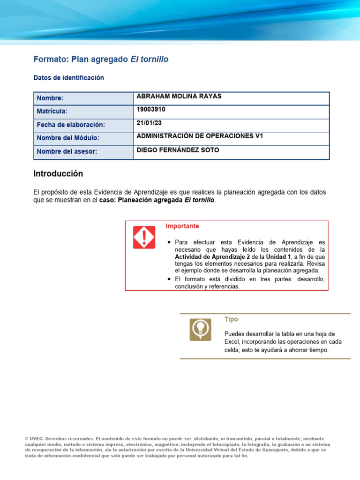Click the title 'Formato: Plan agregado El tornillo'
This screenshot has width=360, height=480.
click(x=101, y=60)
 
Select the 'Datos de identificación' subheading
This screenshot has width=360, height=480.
click(x=68, y=78)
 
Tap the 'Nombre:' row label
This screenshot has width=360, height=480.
click(x=50, y=98)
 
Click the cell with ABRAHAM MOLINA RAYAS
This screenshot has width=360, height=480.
click(x=179, y=97)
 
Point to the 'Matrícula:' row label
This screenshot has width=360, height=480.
click(x=52, y=112)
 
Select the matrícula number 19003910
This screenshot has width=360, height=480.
click(x=150, y=110)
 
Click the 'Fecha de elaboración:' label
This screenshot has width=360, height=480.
click(x=71, y=125)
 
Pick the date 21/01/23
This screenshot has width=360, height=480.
click(x=149, y=123)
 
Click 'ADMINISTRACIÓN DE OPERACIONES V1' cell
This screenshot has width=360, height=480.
click(x=200, y=136)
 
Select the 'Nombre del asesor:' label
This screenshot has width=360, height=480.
click(x=67, y=152)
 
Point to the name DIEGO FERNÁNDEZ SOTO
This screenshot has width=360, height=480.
click(x=177, y=150)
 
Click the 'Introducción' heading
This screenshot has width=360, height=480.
click(x=58, y=174)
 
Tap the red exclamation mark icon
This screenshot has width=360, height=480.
click(x=144, y=237)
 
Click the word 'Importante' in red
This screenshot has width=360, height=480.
click(x=182, y=226)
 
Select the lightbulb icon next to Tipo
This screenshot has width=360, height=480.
click(x=200, y=330)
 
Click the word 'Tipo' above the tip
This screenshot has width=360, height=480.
click(x=231, y=319)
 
